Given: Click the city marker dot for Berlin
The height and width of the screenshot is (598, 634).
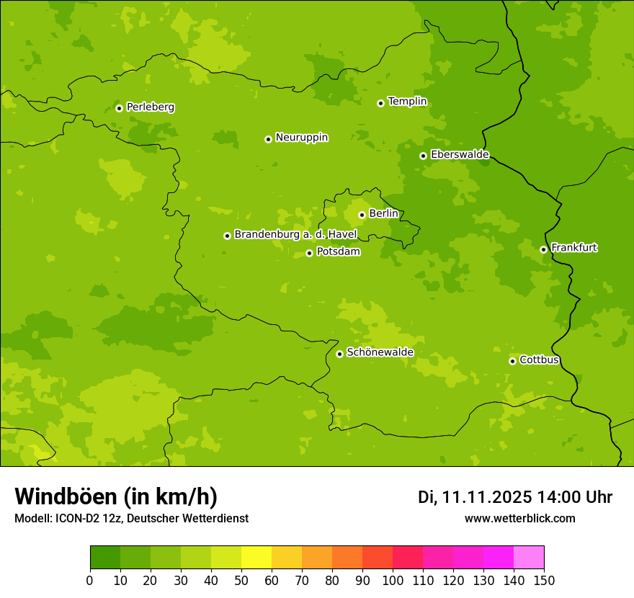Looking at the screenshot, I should tap(362, 215).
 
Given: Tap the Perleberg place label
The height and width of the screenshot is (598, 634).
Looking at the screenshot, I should tap(150, 107).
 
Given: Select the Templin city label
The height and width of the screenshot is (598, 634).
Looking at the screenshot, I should tap(407, 102).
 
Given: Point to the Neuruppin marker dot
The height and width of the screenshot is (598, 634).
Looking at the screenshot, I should tap(268, 139).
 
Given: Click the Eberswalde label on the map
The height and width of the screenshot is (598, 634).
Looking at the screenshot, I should tap(460, 155).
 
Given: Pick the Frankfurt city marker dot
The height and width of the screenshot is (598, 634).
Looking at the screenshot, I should tap(543, 249).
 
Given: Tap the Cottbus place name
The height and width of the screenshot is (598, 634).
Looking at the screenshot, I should tap(539, 360).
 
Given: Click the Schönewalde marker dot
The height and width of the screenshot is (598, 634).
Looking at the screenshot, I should tap(339, 354).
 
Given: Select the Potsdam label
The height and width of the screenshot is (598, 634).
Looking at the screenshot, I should tap(338, 252).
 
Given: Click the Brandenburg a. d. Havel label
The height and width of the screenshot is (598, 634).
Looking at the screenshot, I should tap(295, 235).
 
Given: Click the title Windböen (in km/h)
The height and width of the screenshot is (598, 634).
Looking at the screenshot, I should tap(116, 496).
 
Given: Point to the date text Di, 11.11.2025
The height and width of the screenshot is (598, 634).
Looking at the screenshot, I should tap(475, 497).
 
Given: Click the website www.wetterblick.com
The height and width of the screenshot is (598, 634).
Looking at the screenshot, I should tap(519, 519).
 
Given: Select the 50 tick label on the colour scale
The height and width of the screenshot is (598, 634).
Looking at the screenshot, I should tap(241, 579).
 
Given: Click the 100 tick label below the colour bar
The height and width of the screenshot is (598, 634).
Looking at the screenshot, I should tap(393, 579).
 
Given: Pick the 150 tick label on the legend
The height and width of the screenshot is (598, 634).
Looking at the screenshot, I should tap(544, 579).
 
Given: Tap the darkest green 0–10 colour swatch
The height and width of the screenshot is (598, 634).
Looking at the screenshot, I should tap(105, 558).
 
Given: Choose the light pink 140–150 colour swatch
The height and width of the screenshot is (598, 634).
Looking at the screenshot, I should tap(529, 558).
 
